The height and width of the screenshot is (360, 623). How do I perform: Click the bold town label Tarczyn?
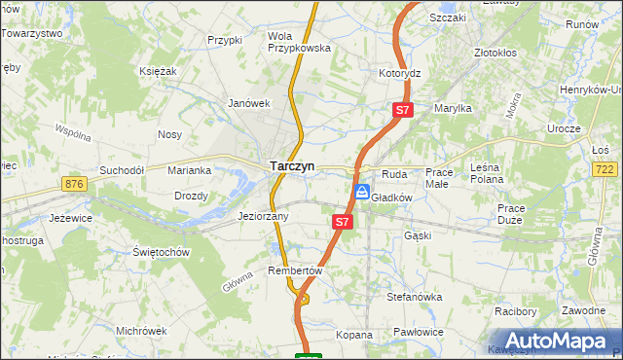291,166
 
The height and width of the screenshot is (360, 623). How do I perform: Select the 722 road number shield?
605,169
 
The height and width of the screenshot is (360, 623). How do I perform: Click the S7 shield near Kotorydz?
403,111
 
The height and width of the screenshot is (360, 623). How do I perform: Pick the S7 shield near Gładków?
341,222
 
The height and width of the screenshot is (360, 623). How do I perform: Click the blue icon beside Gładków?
361,193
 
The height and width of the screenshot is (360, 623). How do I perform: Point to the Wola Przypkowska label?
299,41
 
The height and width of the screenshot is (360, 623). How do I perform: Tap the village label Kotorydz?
399,73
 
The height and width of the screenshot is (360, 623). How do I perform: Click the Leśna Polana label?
486,175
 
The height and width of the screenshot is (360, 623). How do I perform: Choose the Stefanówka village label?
415,297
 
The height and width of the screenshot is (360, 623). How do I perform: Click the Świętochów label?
160,251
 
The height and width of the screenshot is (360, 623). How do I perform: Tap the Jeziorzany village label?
263,216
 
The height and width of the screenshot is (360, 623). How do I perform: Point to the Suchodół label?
121,169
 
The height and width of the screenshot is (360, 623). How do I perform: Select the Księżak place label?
157,71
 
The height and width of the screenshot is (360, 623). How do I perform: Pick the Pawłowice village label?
420,333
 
